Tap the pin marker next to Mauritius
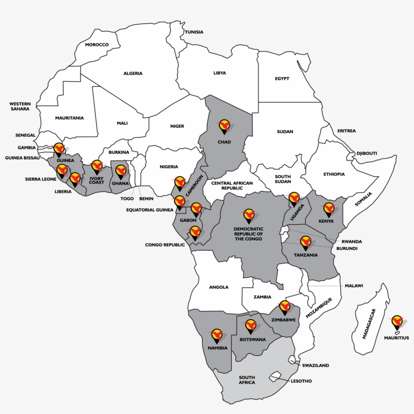[397, 322]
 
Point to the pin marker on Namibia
[217, 335]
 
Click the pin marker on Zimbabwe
[285, 307]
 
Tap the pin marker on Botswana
[251, 326]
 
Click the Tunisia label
[194, 32]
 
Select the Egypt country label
[282, 79]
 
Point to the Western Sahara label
[20, 106]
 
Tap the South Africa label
[247, 380]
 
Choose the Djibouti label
[367, 153]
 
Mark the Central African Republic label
[227, 185]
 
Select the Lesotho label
[301, 381]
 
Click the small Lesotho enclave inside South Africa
[275, 377]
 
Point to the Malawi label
[354, 286]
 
